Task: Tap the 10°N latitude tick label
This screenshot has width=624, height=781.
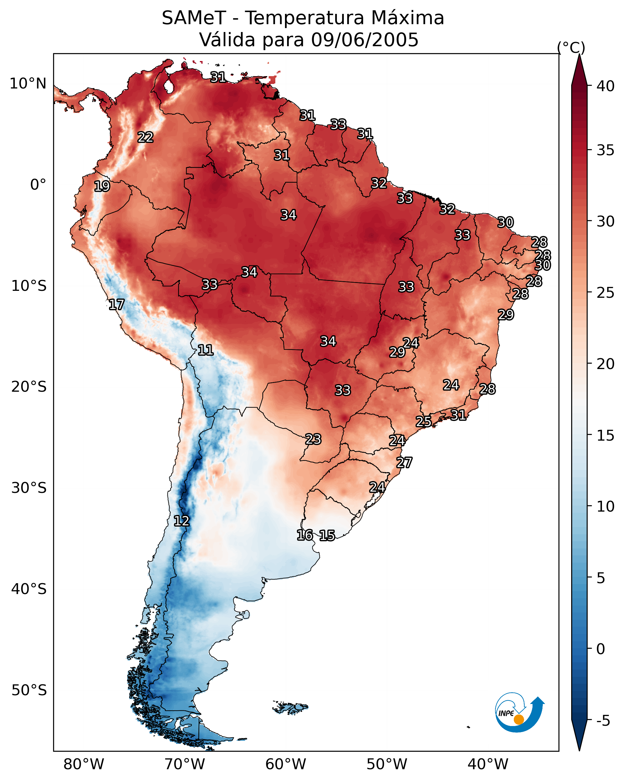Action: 28,84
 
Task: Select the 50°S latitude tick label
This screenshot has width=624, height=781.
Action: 29,690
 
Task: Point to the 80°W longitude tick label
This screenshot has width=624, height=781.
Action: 84,764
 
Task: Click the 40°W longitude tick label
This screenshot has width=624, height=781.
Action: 488,764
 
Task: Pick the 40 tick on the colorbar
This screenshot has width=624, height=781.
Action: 606,86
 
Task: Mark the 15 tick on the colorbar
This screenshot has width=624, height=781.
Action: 606,435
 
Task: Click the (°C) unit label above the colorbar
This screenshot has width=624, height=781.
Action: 571,47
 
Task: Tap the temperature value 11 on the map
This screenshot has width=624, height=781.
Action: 205,350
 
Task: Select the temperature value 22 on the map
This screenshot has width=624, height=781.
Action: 145,137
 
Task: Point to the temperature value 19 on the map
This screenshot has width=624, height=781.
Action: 102,186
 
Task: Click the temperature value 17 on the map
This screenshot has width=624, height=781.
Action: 116,305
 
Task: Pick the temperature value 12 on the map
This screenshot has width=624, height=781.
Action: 181,521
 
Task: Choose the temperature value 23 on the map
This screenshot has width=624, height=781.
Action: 313,439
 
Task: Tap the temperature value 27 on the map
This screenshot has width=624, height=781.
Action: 404,463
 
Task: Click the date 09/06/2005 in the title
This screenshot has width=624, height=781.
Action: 364,40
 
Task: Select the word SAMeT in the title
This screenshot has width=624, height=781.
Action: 194,18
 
